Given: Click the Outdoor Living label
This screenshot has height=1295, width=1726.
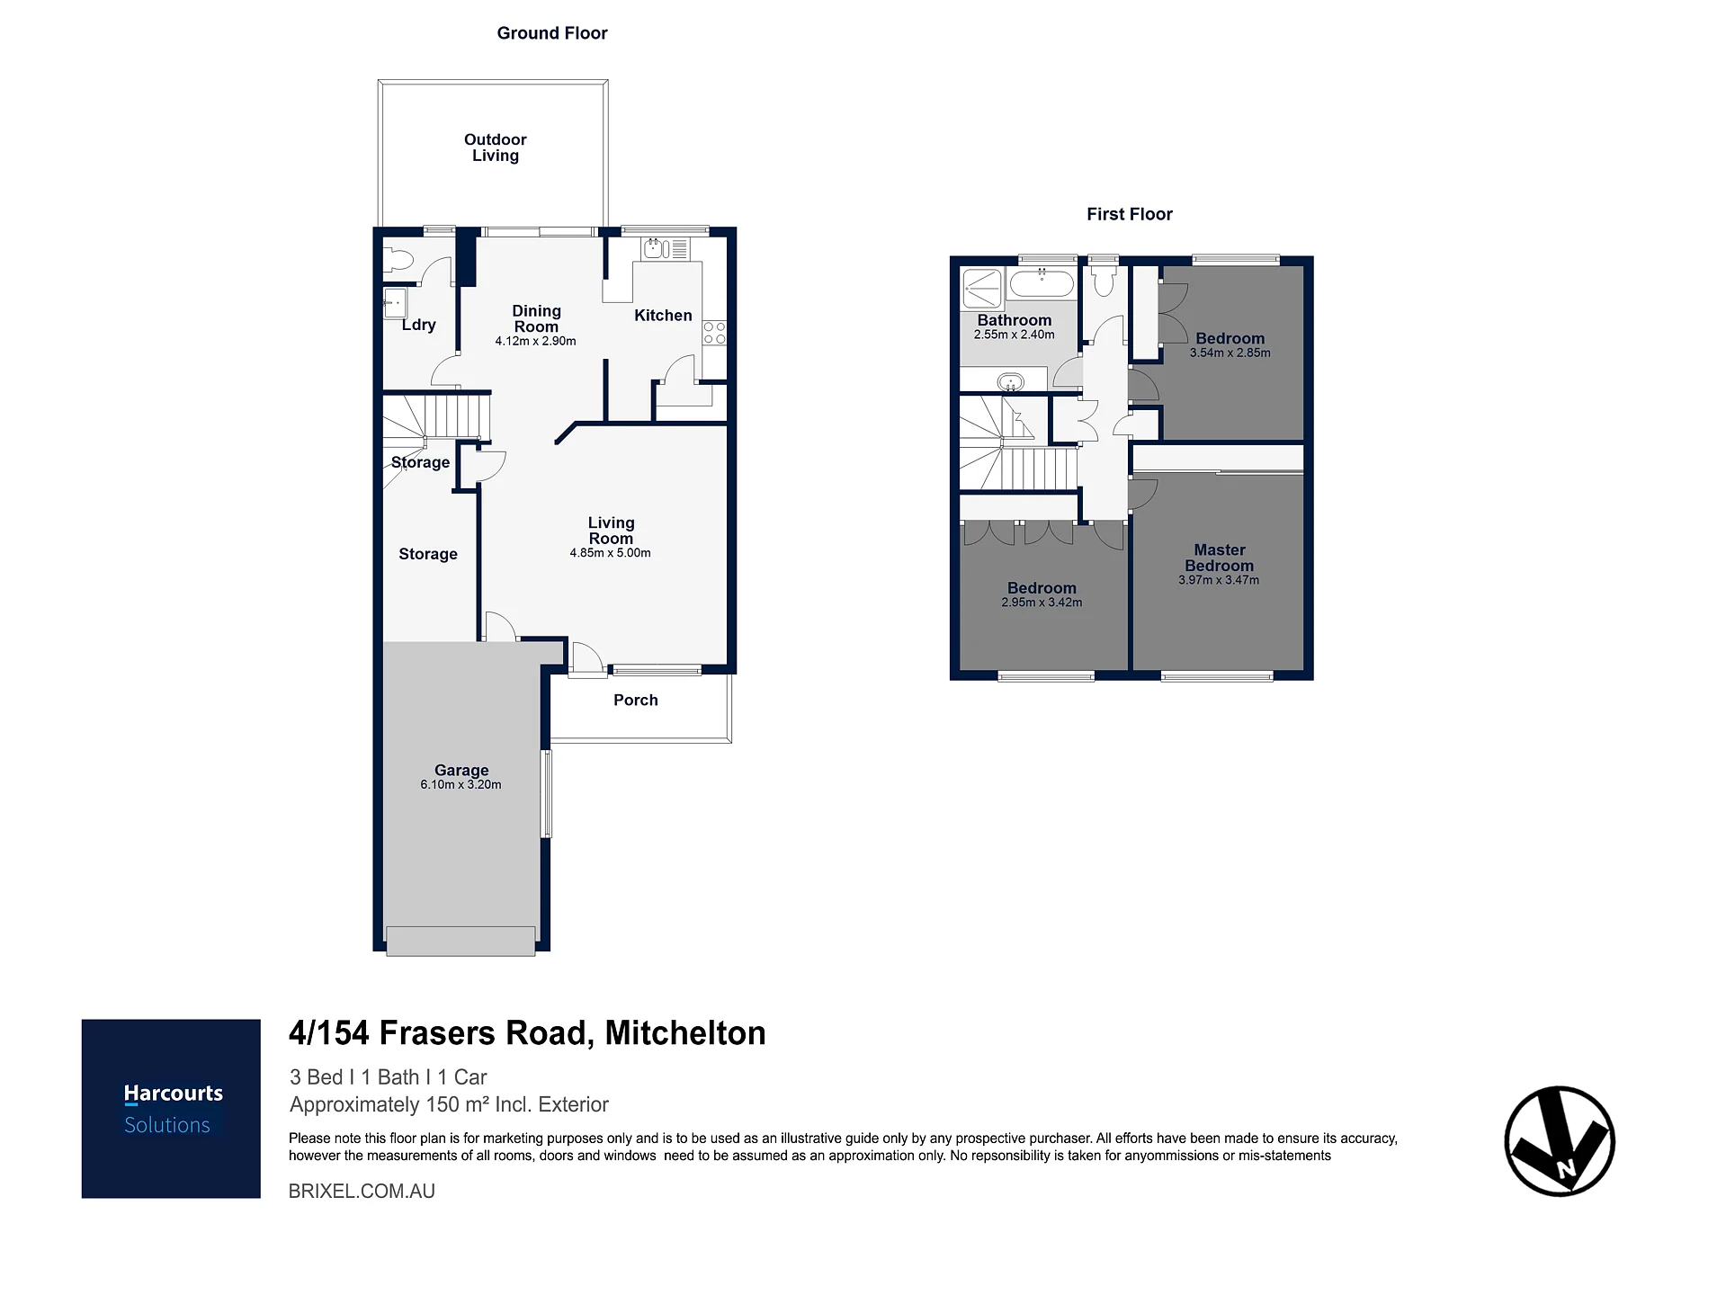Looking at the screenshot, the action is [495, 147].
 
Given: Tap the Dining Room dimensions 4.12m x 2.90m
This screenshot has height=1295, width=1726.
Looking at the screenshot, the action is [535, 342].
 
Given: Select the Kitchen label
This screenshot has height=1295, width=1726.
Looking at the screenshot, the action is [663, 316].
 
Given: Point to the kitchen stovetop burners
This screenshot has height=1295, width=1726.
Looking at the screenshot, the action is [714, 333].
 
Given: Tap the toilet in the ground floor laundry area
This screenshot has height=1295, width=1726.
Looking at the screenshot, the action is [397, 261].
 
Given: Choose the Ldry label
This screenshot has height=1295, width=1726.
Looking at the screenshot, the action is [419, 325].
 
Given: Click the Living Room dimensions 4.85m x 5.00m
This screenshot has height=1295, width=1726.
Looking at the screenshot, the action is [610, 553].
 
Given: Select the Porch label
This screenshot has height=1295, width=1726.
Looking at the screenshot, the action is [636, 701].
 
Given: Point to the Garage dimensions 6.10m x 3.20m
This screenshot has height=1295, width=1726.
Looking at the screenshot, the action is [461, 785].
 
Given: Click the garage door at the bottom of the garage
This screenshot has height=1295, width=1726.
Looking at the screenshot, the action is [461, 941].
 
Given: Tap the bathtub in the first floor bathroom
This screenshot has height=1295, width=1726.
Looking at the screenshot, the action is [1042, 284].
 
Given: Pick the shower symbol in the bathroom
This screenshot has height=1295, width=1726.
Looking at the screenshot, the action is [982, 289].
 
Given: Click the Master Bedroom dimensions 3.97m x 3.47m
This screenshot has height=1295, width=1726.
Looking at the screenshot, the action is [1219, 581].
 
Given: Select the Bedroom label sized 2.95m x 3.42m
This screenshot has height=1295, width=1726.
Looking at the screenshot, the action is [1042, 588].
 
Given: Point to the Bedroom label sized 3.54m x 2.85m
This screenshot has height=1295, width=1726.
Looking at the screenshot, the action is [1230, 339].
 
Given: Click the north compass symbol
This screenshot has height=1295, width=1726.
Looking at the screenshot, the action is [1560, 1141].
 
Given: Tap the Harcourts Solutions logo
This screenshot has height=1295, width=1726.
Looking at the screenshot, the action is [171, 1109].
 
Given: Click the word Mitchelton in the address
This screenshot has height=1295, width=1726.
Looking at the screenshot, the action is [685, 1033].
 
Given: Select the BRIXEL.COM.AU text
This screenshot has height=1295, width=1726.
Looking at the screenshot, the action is [362, 1192].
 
